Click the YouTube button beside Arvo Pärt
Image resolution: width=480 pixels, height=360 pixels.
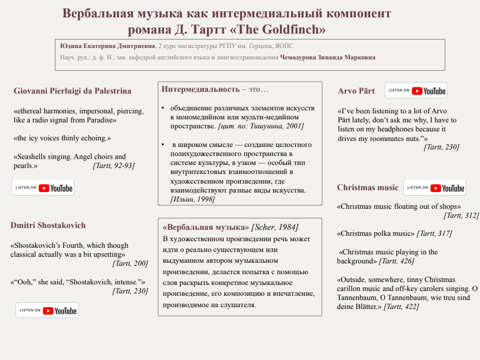(416, 91)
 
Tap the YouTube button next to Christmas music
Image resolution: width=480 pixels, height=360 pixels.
(434, 188)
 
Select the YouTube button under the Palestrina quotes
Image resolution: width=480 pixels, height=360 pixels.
(43, 188)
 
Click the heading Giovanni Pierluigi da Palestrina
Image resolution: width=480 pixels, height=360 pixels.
(72, 91)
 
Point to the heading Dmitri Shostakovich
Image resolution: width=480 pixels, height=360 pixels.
(48, 225)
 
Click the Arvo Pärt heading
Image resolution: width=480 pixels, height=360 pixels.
(356, 91)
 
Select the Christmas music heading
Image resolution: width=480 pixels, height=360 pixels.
(368, 188)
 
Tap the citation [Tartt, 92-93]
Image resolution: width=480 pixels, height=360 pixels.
(114, 166)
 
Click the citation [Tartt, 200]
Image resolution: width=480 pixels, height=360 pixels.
(130, 263)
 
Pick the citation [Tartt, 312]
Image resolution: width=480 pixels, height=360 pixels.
(461, 215)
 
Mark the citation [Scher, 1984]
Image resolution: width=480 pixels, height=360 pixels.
(275, 227)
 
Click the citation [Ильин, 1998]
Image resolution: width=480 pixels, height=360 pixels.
(193, 199)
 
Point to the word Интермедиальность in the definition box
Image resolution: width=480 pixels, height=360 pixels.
(200, 89)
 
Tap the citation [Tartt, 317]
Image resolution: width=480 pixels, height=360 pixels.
(434, 233)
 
